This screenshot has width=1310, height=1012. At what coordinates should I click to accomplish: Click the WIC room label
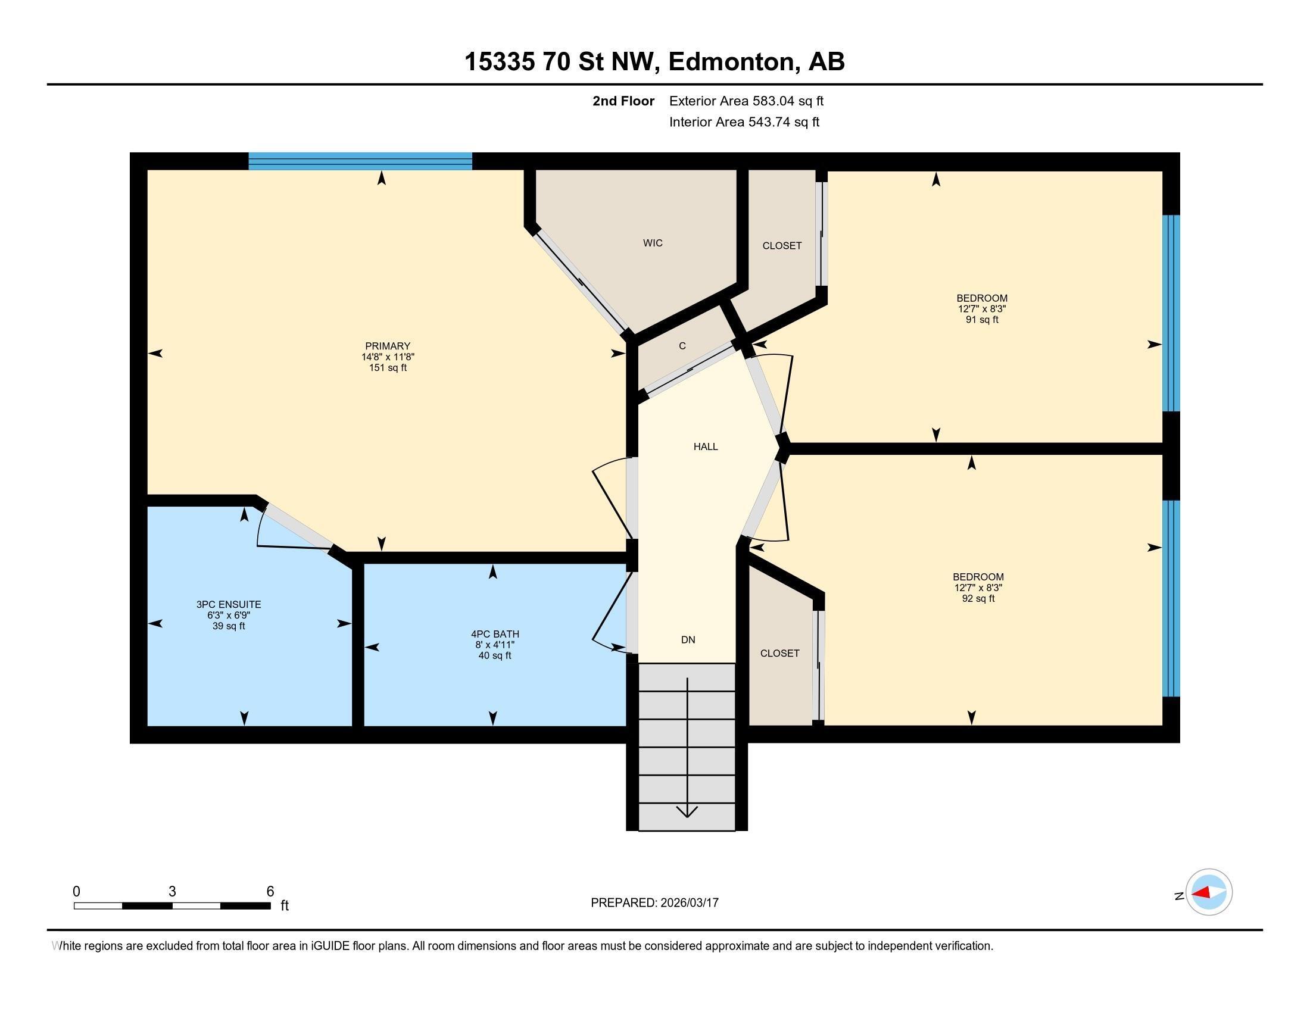pos(653,243)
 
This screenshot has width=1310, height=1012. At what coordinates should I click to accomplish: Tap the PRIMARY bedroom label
pos(388,346)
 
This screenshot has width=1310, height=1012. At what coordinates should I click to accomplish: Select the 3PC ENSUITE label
pos(229,604)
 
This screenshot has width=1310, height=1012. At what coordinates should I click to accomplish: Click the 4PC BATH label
pos(495,634)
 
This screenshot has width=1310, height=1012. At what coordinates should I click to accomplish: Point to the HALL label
pos(706,446)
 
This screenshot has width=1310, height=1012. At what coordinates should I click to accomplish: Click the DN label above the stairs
pos(688,640)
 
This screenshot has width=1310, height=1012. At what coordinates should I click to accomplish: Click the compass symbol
pos(1209,893)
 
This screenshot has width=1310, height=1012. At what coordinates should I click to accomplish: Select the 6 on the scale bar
pos(270,892)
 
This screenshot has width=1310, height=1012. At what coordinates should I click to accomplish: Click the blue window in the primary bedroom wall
pos(360,161)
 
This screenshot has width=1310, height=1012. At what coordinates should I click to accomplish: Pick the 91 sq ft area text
pos(981,320)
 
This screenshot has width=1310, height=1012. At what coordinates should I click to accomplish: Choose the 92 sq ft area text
pos(978,598)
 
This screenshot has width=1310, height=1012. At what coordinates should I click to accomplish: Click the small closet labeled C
pos(682,346)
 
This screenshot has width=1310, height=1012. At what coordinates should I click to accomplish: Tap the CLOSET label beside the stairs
pos(779,653)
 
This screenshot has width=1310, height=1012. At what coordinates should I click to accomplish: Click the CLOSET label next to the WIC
pos(782,246)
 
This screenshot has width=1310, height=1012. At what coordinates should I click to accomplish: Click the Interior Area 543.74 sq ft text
pos(744,122)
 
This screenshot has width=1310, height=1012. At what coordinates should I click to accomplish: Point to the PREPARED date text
pos(654,902)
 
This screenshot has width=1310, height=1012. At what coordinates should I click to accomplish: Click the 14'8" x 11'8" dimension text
pos(388,357)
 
